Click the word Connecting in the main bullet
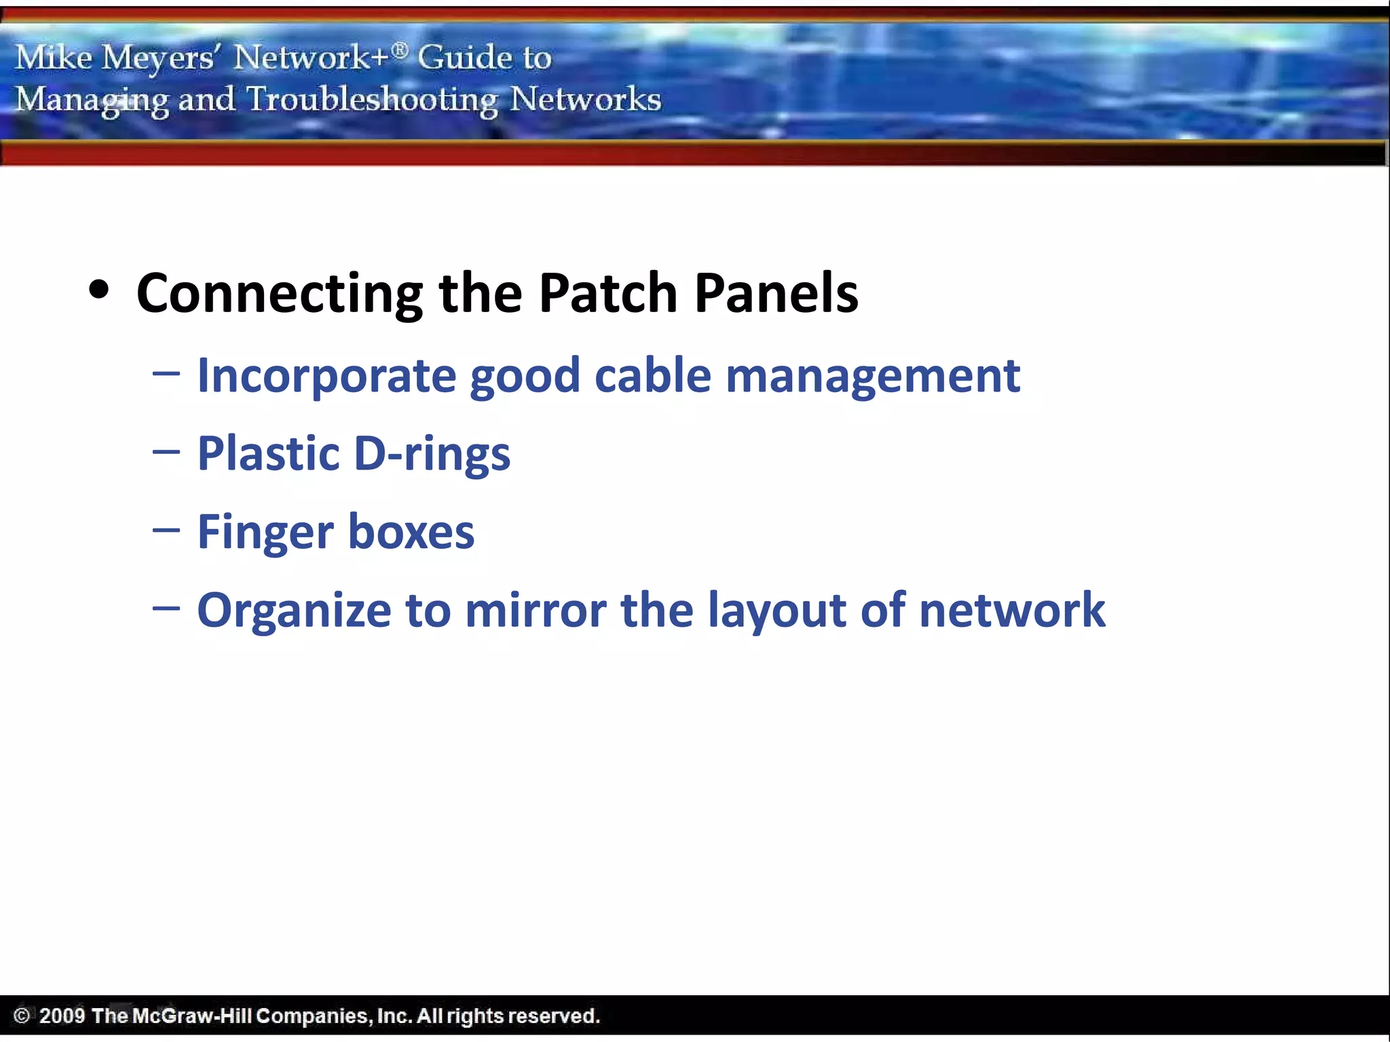click(x=279, y=293)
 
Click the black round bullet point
click(x=99, y=290)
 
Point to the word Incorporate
click(x=326, y=376)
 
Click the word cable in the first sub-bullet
click(x=652, y=376)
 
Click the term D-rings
click(x=432, y=455)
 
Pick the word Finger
click(x=265, y=533)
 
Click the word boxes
click(x=411, y=532)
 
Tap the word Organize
click(x=294, y=611)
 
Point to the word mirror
click(x=536, y=610)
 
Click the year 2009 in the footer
click(x=62, y=1016)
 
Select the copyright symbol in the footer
click(x=22, y=1016)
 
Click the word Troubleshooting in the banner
click(x=372, y=100)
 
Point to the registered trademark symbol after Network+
click(x=400, y=49)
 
